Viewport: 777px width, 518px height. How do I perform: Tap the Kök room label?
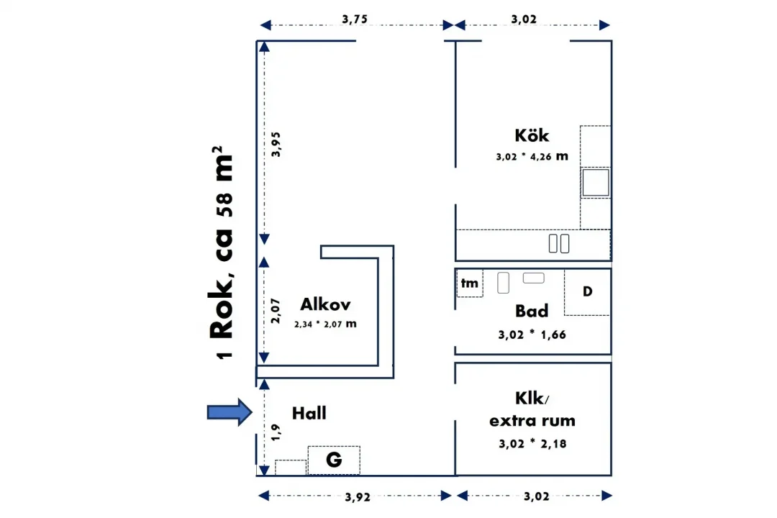pos(532,135)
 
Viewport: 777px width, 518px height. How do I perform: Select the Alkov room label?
pos(325,304)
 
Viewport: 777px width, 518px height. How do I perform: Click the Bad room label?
pos(532,311)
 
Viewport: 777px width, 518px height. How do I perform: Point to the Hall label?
pos(309,413)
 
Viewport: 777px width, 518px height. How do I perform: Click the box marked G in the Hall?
pos(334,460)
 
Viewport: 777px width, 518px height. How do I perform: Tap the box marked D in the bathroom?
pos(587,292)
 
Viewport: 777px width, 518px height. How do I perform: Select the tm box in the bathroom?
pos(469,283)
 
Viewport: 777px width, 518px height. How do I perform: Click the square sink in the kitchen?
pos(595,183)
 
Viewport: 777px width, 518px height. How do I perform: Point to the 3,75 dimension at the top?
pos(355,20)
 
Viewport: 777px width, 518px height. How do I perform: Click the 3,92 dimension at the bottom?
pos(358,496)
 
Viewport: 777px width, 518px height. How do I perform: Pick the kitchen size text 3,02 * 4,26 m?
pos(532,156)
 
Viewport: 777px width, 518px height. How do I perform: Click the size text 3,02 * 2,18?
pos(532,444)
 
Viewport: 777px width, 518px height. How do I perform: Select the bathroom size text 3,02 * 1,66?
pos(532,335)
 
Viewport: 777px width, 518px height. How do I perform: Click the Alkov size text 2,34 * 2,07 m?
pos(325,324)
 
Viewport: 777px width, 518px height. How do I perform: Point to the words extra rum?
pos(532,420)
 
